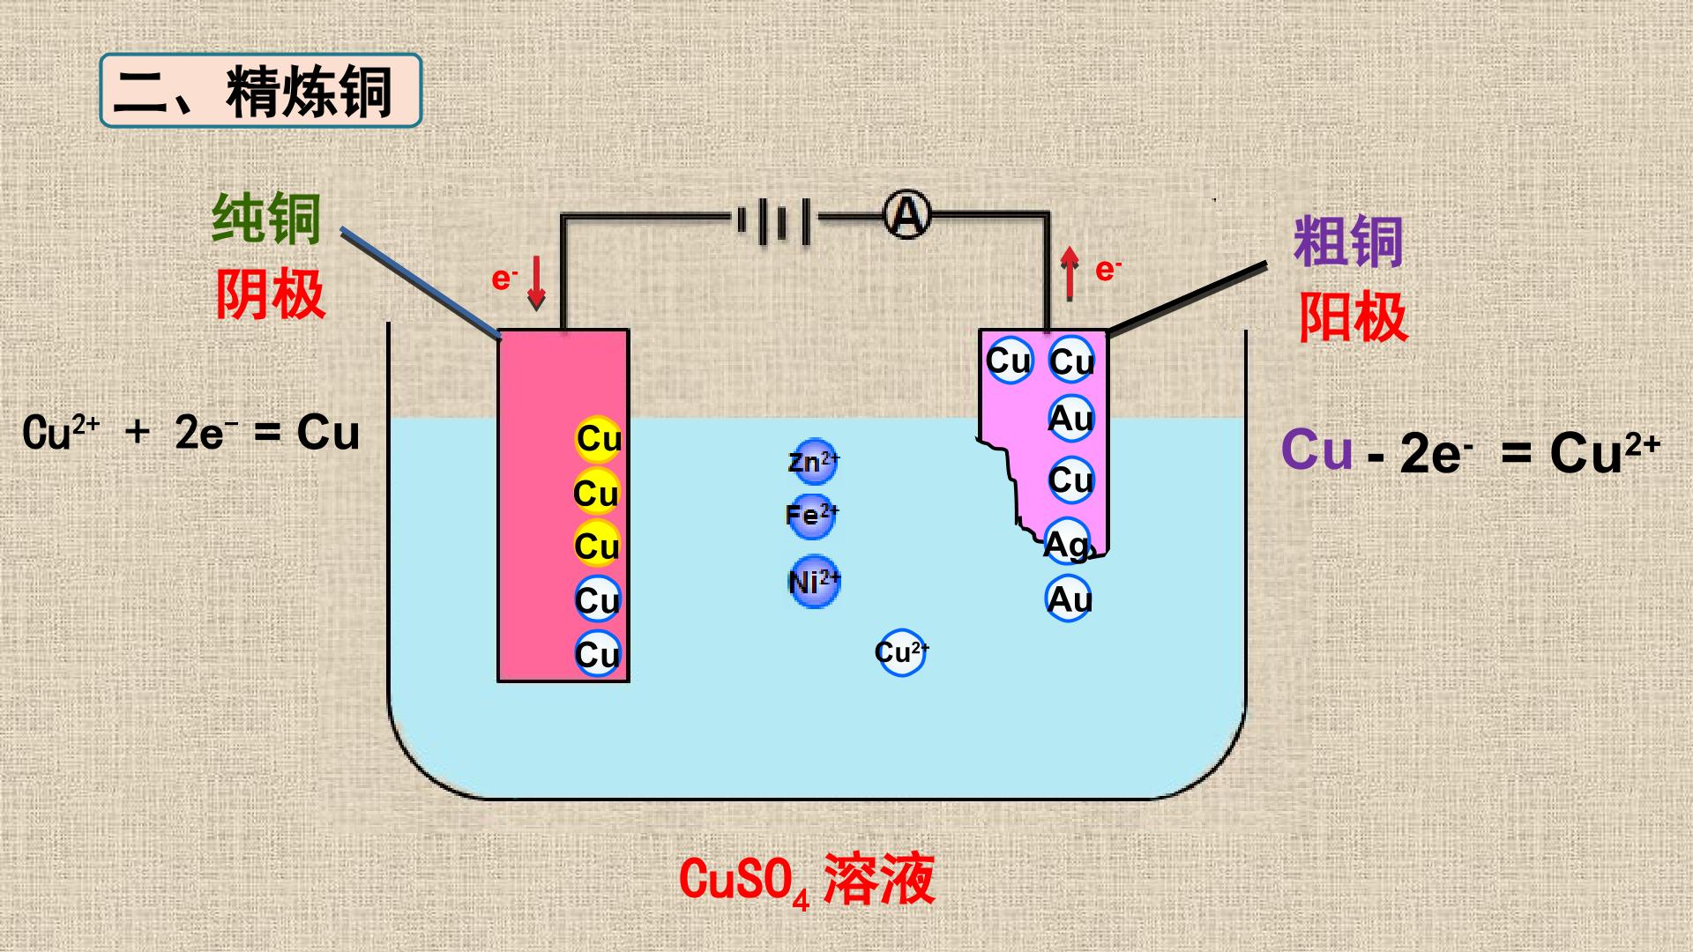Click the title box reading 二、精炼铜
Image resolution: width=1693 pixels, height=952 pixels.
click(x=261, y=90)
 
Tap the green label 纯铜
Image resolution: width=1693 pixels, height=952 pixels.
click(x=266, y=219)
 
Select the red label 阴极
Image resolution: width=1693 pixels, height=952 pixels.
click(x=270, y=294)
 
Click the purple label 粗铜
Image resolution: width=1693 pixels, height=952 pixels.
click(x=1348, y=242)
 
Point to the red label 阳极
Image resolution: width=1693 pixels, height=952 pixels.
click(x=1353, y=316)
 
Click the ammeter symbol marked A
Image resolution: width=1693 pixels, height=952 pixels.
click(x=907, y=215)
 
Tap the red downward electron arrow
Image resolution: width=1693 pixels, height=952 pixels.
click(x=536, y=283)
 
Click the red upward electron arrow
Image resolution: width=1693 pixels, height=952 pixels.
click(x=1070, y=272)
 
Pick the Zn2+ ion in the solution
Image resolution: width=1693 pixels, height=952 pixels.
click(x=813, y=462)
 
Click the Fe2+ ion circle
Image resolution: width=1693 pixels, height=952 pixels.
click(x=812, y=515)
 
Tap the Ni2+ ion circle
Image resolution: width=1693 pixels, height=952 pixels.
click(x=814, y=582)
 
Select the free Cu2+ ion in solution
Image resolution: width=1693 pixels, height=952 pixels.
click(x=902, y=652)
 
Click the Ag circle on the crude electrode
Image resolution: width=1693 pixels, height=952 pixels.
click(x=1068, y=544)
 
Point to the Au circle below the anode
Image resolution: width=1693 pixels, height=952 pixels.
click(x=1070, y=599)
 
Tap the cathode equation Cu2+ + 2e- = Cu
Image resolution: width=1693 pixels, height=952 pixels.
click(x=191, y=433)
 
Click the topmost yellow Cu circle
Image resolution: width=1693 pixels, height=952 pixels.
click(x=599, y=439)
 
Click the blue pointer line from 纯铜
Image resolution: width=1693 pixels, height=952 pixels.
click(x=421, y=283)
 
